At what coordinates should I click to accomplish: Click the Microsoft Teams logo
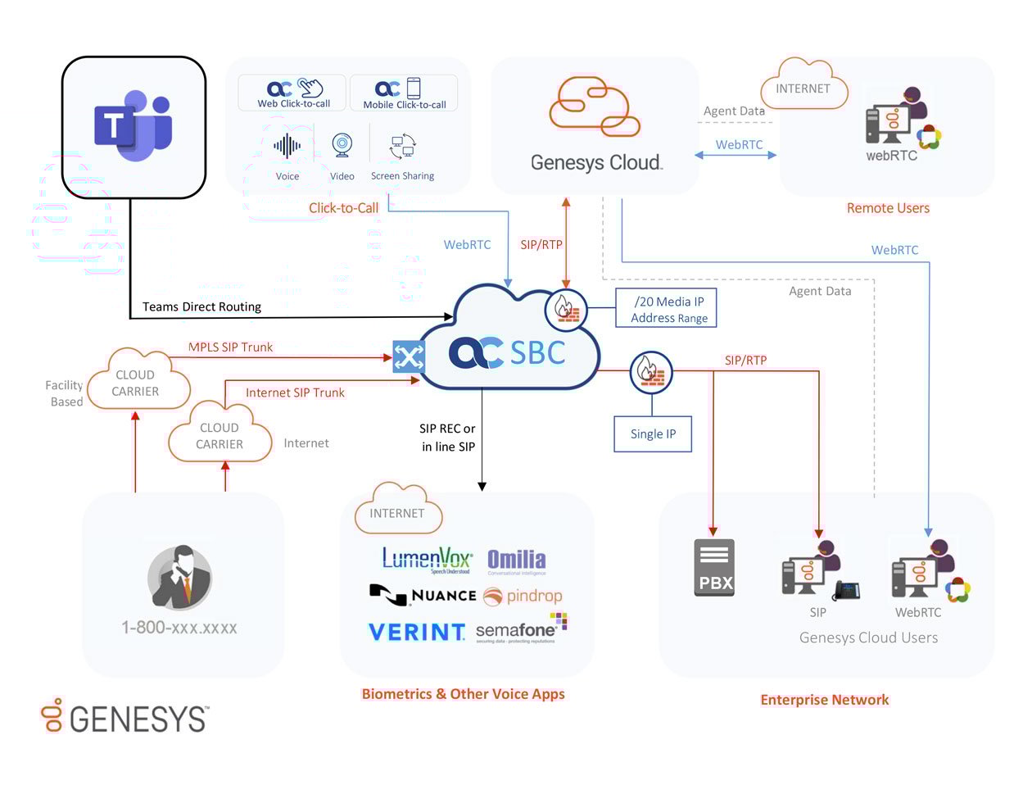(133, 126)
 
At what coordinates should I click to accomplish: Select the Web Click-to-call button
(293, 93)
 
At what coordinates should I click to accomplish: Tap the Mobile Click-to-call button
(404, 93)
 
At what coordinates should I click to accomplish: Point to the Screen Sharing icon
(403, 147)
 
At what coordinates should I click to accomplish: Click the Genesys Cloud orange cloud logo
(594, 107)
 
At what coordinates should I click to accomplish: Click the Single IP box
(653, 433)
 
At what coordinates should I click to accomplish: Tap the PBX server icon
(714, 567)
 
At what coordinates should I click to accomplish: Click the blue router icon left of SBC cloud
(409, 356)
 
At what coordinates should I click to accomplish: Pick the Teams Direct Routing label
(201, 306)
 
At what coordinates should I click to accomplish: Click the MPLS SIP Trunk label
(230, 347)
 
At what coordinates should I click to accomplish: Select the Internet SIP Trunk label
(295, 392)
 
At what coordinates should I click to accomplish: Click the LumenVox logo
(427, 560)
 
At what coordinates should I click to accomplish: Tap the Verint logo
(416, 632)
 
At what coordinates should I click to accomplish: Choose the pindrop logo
(523, 596)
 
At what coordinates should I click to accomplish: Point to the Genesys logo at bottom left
(124, 717)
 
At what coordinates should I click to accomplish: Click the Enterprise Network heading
(824, 700)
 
